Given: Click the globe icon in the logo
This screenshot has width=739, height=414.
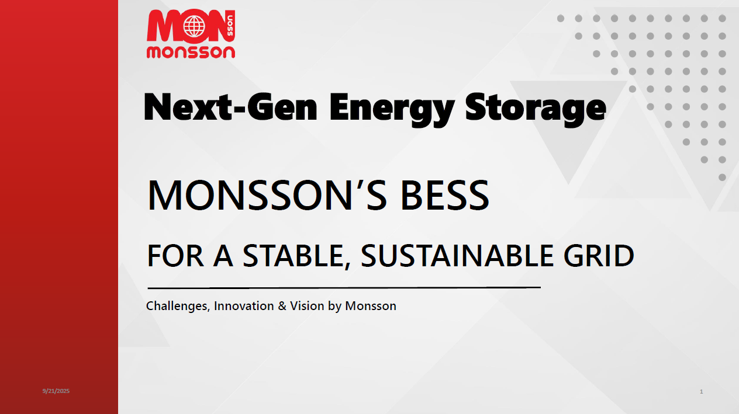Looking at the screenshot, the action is click(194, 26).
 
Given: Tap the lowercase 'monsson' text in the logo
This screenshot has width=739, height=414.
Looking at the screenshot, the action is click(191, 52).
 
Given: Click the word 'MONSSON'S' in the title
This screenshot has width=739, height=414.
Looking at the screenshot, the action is click(267, 195).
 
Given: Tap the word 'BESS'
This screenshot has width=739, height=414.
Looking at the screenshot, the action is click(445, 195).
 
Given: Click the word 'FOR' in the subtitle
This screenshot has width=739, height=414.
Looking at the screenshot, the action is click(175, 256).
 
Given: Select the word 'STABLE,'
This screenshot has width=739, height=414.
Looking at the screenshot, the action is click(296, 257).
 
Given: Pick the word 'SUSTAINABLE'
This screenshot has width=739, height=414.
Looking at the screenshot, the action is click(457, 256).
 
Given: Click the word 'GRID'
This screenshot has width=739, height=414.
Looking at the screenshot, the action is click(599, 256).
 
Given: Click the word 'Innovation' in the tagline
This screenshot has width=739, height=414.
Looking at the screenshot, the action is click(244, 305).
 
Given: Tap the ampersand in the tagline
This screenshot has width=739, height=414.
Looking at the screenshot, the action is click(282, 306).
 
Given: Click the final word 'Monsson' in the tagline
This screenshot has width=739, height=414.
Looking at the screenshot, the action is click(371, 306).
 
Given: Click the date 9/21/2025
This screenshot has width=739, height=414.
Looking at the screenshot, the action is click(56, 391).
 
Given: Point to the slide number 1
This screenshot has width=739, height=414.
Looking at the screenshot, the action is click(702, 392).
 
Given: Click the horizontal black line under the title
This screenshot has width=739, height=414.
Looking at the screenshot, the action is click(344, 288).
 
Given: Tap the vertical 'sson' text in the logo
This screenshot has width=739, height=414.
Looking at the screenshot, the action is click(230, 25).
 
